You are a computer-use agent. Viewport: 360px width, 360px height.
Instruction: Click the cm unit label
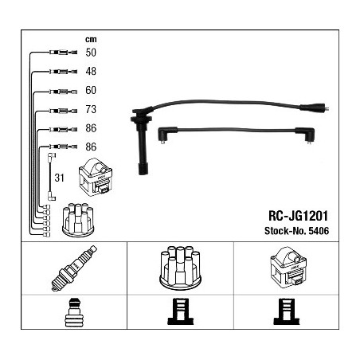91,40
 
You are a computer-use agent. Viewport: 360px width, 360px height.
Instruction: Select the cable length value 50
91,53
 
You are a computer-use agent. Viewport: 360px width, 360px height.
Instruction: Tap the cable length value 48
91,71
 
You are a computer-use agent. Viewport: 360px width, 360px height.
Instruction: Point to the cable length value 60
91,90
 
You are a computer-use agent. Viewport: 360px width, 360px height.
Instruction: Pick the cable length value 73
91,109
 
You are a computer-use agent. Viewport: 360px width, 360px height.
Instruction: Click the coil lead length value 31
60,178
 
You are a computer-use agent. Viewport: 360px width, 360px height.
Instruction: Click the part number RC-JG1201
299,216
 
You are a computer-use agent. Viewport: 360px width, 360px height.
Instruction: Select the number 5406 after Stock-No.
319,231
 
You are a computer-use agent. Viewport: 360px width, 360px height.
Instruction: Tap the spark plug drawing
74,268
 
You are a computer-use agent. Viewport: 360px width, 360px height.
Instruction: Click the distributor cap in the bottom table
180,268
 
